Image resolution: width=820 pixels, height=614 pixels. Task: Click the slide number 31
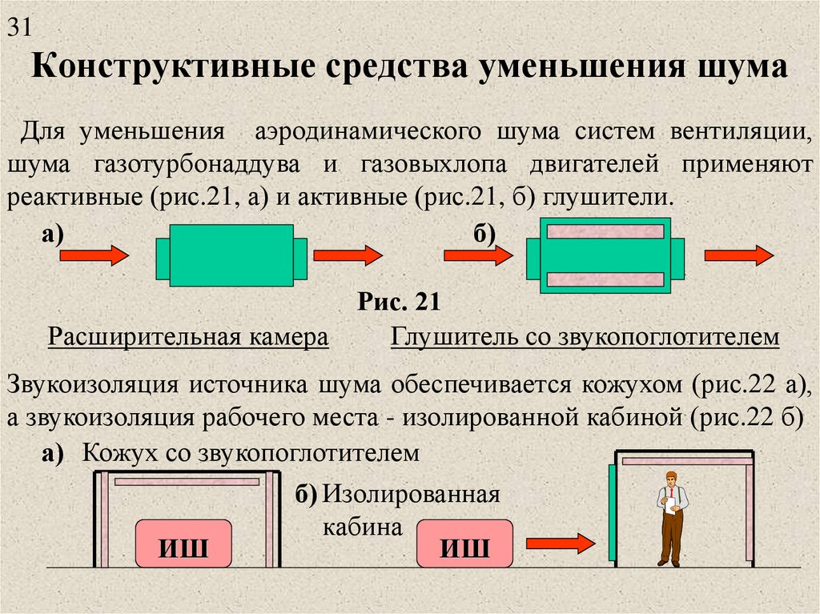coord(19,27)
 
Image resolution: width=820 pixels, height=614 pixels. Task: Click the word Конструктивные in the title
coord(174,67)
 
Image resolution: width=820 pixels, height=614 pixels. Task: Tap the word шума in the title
coord(742,67)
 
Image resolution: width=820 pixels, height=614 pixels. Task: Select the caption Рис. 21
coord(399,302)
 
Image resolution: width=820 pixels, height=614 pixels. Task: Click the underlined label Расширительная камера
coord(188,337)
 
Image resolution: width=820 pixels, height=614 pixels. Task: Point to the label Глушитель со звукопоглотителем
coord(585,337)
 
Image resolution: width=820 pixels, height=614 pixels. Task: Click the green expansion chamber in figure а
coord(231,255)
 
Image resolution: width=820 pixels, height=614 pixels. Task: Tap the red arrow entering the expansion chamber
coord(94,255)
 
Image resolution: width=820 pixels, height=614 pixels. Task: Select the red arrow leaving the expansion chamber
coord(348,255)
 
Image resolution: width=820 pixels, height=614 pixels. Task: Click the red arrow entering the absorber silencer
coord(479,255)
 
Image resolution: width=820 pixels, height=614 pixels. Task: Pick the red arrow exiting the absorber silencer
coord(739,255)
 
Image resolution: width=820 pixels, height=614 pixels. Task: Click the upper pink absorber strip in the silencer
coord(605,231)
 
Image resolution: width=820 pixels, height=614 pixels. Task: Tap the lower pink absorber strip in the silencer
coord(605,280)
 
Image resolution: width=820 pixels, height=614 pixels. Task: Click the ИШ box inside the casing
coord(183,544)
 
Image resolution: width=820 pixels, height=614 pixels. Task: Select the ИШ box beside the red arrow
coord(464,544)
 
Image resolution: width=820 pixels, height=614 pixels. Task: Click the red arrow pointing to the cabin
coord(561,544)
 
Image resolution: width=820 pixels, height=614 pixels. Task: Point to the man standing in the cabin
coord(672,518)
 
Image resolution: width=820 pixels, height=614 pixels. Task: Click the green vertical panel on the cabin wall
coord(612,512)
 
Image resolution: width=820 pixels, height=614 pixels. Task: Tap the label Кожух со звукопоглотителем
coord(251,453)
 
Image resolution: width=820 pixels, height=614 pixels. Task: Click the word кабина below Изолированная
coord(363,527)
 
